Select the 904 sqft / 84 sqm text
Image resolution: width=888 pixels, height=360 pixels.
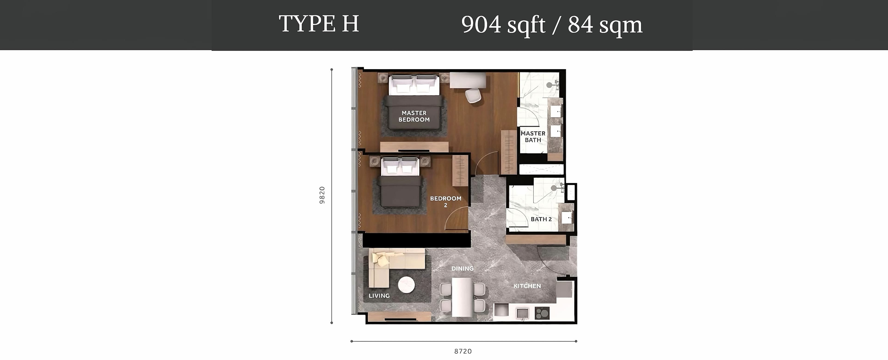coord(552,25)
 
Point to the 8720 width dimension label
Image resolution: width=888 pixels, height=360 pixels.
coord(463,351)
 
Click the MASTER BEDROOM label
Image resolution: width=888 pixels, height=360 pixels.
coord(414,116)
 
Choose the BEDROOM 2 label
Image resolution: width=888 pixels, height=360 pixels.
coord(446,202)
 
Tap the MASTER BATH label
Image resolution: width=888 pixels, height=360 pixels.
coord(533,137)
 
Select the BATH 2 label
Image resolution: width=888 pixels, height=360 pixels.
coord(541,219)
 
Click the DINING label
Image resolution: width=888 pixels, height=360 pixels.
coord(462,268)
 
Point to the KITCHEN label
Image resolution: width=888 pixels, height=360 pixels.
coord(527,286)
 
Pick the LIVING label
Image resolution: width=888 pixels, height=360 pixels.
coord(379,295)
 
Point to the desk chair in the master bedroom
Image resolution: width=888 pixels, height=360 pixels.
coord(473,96)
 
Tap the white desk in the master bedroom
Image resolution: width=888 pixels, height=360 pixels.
coord(468,80)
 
